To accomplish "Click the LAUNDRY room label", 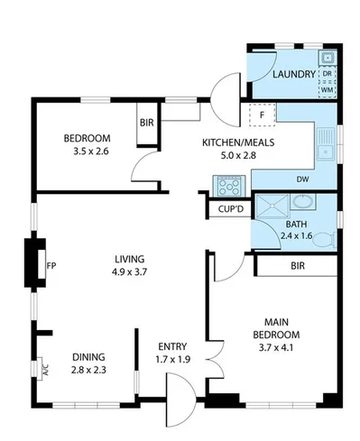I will pyautogui.click(x=293, y=74).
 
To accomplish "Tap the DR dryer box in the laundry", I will pyautogui.click(x=328, y=75).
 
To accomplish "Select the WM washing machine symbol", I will pyautogui.click(x=328, y=90).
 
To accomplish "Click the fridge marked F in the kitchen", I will pyautogui.click(x=261, y=115).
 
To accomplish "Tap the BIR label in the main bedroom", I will pyautogui.click(x=297, y=267).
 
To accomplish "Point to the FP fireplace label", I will pyautogui.click(x=52, y=265).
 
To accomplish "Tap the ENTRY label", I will pyautogui.click(x=172, y=346).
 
